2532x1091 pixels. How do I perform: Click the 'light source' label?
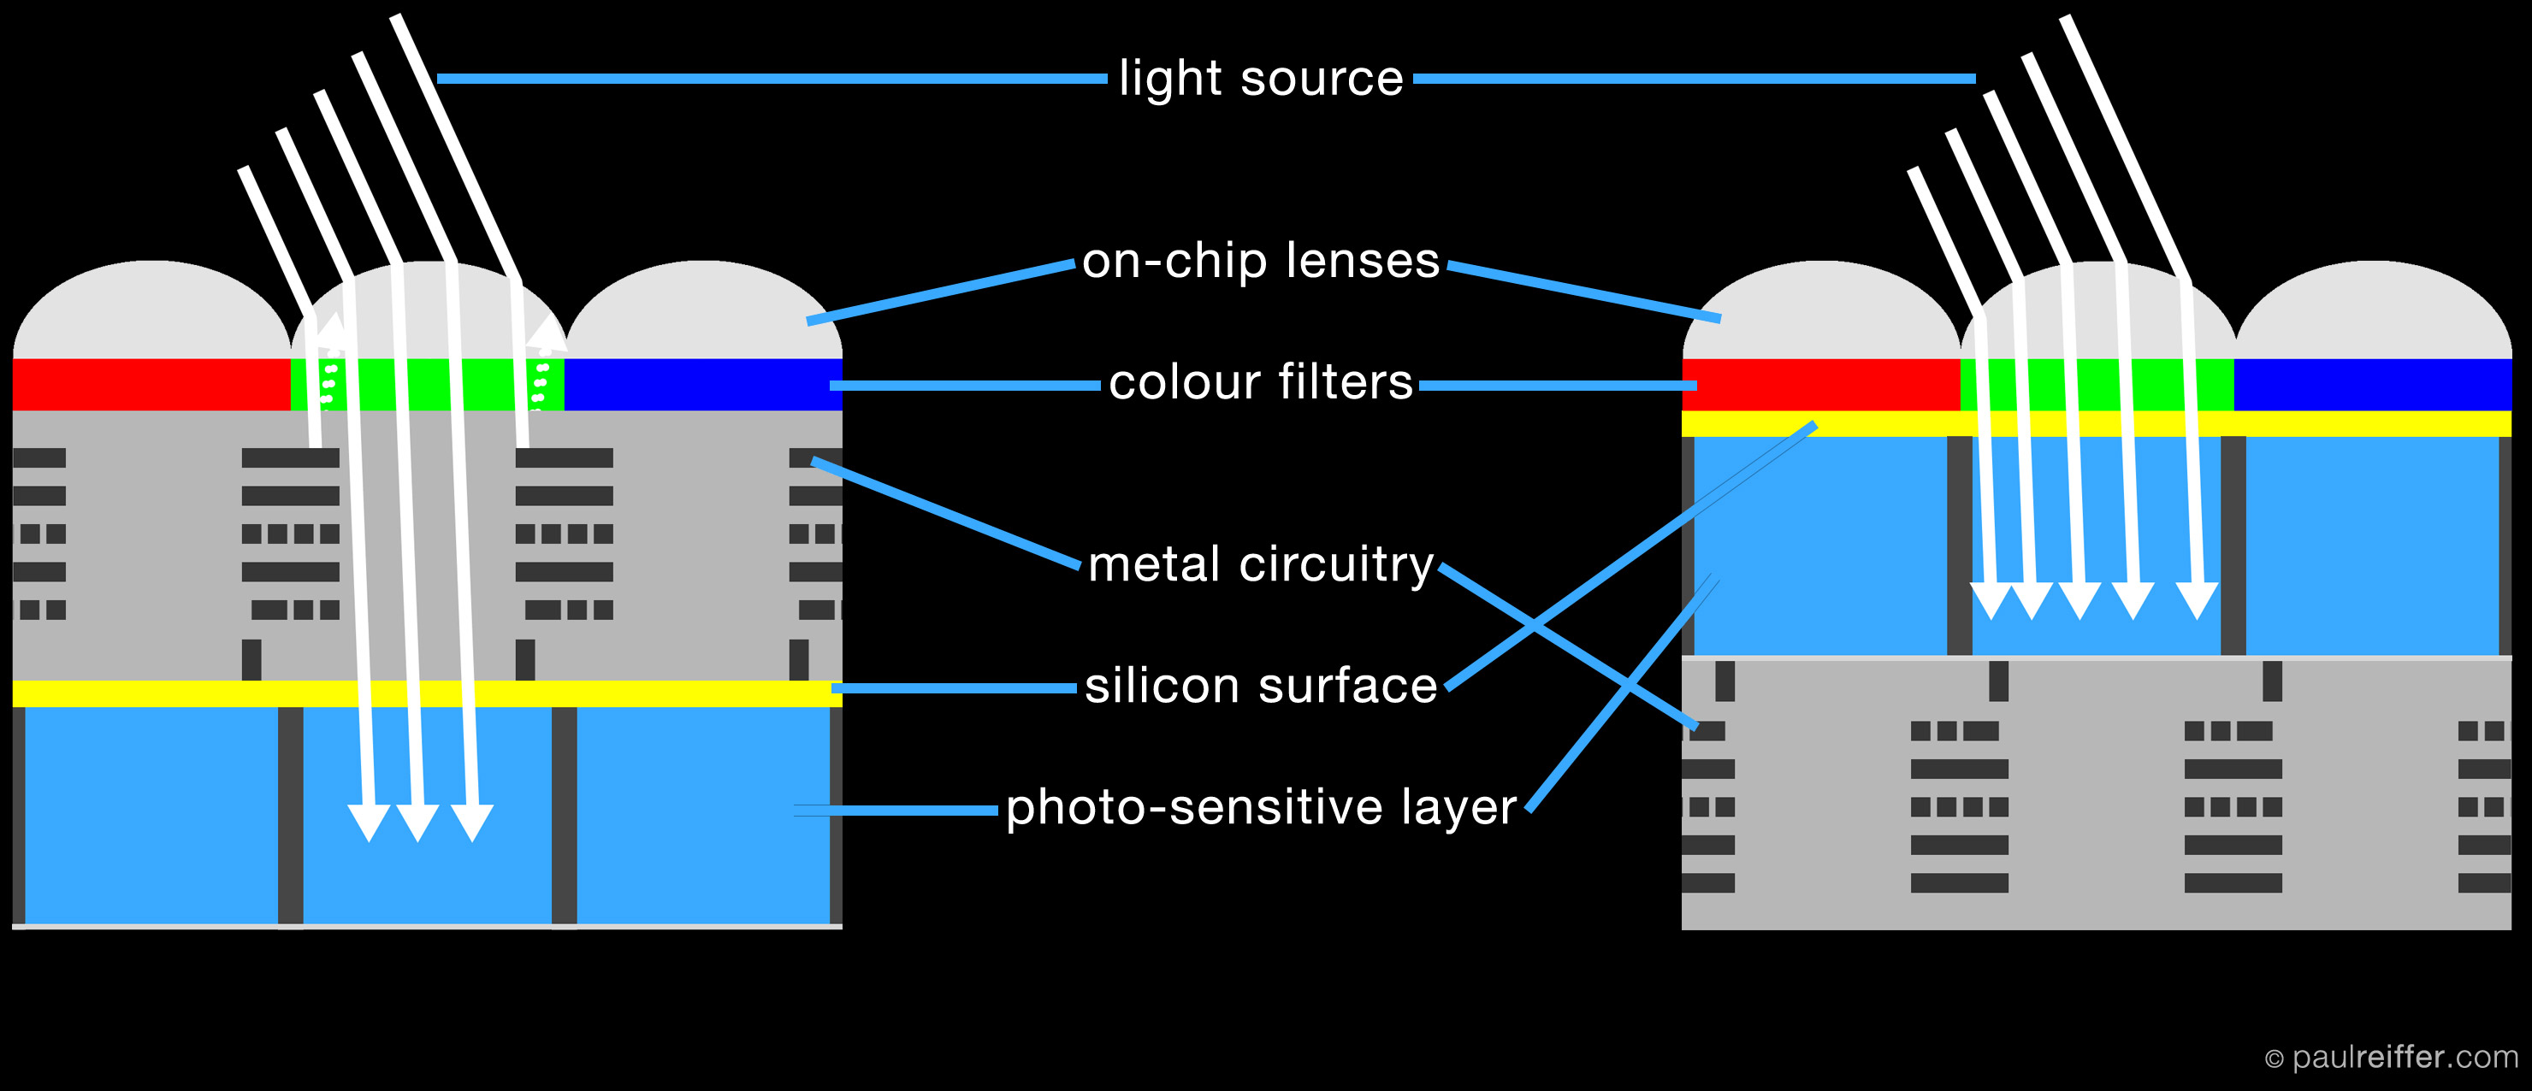coord(1260,79)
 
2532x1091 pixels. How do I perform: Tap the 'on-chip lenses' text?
coord(1260,262)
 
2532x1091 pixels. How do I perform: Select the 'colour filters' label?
coord(1260,382)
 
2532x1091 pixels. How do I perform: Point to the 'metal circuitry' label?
coord(1260,565)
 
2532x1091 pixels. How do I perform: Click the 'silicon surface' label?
coord(1260,686)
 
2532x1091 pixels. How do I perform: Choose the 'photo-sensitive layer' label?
coord(1260,808)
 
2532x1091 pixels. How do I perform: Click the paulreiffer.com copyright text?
coord(2391,1058)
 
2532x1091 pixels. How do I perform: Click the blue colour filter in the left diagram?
coord(703,384)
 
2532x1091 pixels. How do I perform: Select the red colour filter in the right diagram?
coord(1820,384)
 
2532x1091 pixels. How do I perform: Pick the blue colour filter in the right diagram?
coord(2373,384)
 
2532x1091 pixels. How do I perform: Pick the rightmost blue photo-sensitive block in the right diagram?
coord(2373,545)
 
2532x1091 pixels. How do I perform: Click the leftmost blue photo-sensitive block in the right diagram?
coord(1820,545)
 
